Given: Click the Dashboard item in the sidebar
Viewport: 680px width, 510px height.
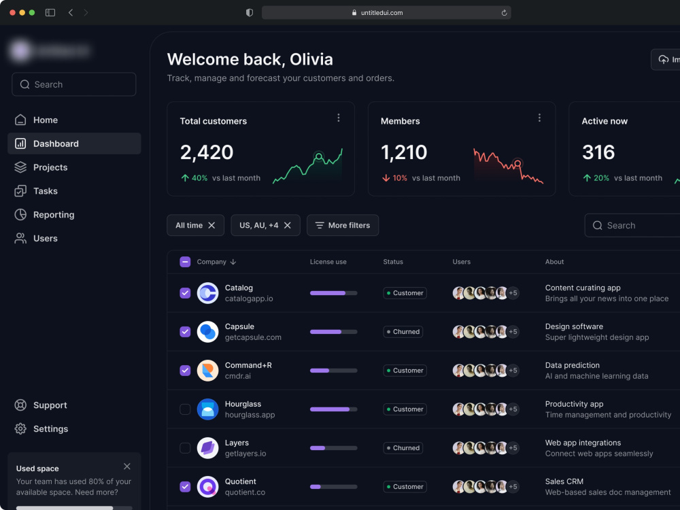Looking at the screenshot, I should pyautogui.click(x=56, y=143).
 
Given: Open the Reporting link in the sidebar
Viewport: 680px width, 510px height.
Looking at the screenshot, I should pyautogui.click(x=54, y=215).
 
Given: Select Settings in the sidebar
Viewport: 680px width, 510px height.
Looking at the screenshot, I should pyautogui.click(x=50, y=429).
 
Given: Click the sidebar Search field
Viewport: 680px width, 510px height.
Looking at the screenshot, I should pyautogui.click(x=74, y=84).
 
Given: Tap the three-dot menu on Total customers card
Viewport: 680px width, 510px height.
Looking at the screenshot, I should pyautogui.click(x=339, y=118).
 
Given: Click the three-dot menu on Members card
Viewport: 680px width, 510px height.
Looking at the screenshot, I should pyautogui.click(x=539, y=118).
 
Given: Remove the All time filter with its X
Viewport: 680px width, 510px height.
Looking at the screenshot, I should pyautogui.click(x=211, y=225).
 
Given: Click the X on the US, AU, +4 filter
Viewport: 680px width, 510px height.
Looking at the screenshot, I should pyautogui.click(x=287, y=225).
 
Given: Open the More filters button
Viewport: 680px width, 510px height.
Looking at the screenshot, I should pyautogui.click(x=343, y=225).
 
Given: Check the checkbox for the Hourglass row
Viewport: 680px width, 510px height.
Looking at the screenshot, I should pyautogui.click(x=185, y=409).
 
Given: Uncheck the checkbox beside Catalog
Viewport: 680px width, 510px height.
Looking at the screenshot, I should pyautogui.click(x=185, y=293).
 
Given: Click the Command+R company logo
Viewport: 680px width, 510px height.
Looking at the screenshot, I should pyautogui.click(x=207, y=371).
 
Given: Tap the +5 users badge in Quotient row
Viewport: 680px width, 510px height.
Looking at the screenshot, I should pyautogui.click(x=513, y=487).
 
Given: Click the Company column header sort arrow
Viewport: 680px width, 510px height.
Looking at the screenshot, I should pyautogui.click(x=233, y=262).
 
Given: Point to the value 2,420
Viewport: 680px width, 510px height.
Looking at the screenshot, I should pyautogui.click(x=207, y=152).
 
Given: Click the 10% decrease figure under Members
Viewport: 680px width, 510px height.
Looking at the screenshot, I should pyautogui.click(x=399, y=178).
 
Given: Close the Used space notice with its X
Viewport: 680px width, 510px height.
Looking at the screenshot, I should pyautogui.click(x=127, y=466).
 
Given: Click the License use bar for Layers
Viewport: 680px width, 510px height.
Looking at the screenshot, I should pyautogui.click(x=333, y=448).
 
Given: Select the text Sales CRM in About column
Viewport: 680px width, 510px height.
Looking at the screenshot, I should pyautogui.click(x=564, y=481).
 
